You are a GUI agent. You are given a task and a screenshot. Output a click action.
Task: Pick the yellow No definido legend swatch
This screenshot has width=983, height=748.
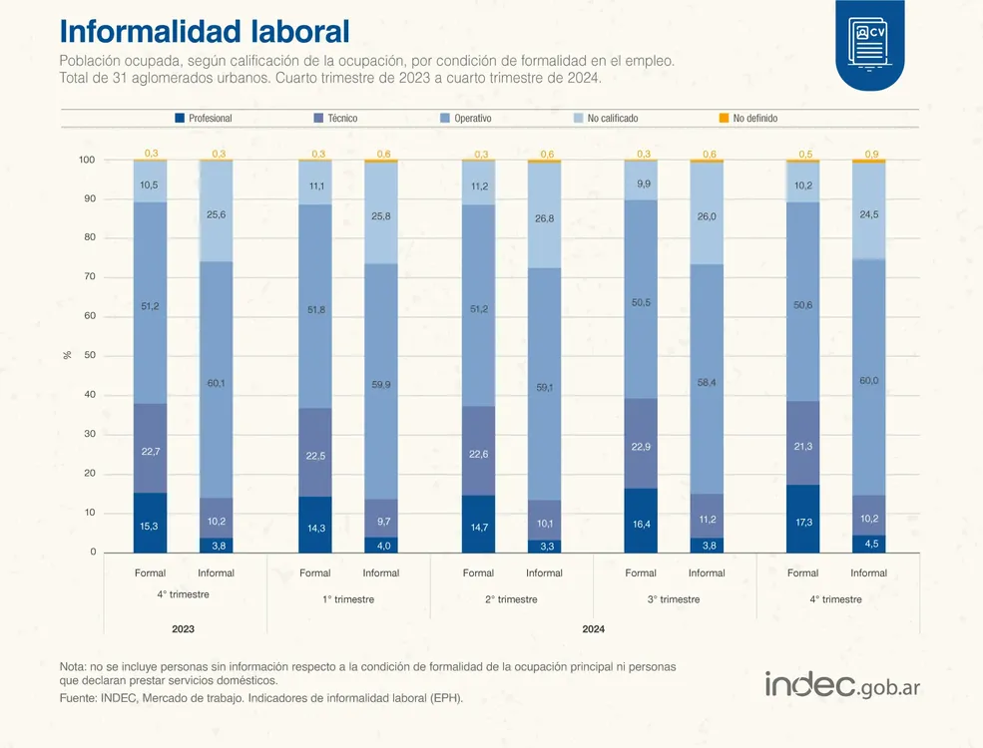(x=725, y=118)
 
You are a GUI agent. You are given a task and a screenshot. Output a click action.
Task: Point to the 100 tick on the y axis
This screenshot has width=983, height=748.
(x=87, y=161)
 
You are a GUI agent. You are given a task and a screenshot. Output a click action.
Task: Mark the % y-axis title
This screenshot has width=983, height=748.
(x=68, y=354)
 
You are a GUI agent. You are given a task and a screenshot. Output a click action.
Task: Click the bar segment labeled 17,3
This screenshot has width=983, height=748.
(x=802, y=519)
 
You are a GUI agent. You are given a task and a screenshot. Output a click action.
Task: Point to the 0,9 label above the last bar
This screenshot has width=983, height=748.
(x=871, y=154)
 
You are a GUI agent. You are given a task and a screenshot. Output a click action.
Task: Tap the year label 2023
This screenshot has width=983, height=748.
(x=183, y=629)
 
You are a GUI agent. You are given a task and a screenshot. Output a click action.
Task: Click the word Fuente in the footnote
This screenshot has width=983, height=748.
(x=78, y=698)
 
